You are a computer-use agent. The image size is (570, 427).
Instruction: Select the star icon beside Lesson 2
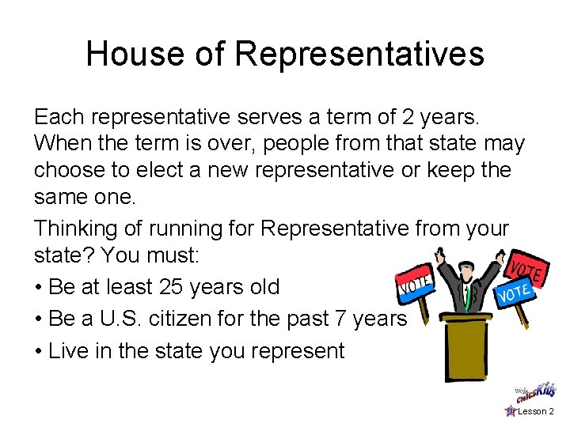coord(510,411)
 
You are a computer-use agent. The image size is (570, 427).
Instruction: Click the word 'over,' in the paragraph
coord(222,144)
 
